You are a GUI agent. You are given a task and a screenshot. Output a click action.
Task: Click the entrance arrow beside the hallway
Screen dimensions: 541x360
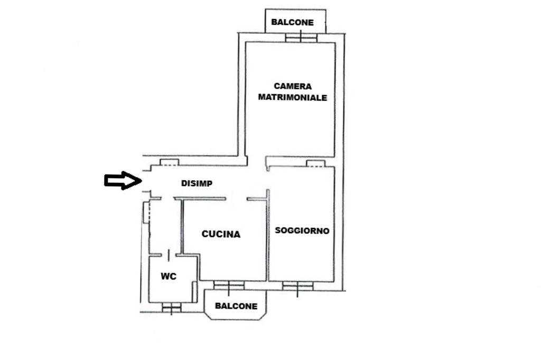(123, 180)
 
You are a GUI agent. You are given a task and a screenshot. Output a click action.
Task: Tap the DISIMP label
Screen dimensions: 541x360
(197, 183)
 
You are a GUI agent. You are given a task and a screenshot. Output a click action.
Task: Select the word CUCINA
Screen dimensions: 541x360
(221, 234)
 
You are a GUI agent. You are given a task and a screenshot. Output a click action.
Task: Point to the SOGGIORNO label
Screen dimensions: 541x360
(302, 230)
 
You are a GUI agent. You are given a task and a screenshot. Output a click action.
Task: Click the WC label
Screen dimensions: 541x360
(169, 276)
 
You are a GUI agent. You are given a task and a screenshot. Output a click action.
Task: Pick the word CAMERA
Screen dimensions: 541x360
(293, 86)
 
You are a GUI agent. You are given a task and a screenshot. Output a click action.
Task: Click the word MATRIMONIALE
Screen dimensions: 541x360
(293, 97)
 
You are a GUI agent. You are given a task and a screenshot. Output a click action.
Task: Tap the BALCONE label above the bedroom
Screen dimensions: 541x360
(292, 22)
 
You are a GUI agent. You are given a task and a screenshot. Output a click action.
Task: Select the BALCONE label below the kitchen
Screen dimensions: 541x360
(236, 306)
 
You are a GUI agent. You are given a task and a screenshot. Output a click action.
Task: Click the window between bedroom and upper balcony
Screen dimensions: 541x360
(301, 38)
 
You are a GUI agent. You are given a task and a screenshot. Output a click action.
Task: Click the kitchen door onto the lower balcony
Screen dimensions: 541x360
(229, 285)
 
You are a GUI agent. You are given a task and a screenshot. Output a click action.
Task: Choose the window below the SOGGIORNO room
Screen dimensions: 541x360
(298, 286)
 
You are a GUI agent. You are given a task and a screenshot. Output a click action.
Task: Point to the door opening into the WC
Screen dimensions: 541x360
(169, 255)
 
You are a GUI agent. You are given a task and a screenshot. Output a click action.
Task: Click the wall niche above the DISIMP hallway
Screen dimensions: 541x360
(170, 162)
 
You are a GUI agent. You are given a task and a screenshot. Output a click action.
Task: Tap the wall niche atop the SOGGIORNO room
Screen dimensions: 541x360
(316, 163)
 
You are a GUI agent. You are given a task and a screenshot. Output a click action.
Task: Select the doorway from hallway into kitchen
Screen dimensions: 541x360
(236, 198)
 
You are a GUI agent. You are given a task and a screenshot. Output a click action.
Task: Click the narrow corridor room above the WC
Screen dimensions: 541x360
(165, 227)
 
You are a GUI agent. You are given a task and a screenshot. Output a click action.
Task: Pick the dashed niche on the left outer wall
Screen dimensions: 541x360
(146, 212)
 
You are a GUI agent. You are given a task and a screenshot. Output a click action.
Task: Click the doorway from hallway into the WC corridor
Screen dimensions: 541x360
(167, 198)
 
